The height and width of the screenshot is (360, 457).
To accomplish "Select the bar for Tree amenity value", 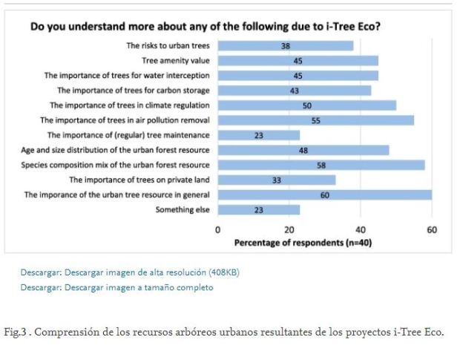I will click(297, 60).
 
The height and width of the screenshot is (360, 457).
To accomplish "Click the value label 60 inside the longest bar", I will click(325, 194).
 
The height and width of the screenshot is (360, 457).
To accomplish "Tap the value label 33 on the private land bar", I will click(276, 180).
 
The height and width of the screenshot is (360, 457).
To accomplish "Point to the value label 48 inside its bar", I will click(303, 150).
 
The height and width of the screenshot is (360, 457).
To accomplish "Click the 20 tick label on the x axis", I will click(289, 230).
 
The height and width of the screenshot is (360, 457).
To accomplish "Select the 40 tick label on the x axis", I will click(361, 230).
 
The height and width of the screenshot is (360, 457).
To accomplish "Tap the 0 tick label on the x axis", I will click(218, 230).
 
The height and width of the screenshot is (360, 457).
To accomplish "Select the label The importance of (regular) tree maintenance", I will click(128, 135).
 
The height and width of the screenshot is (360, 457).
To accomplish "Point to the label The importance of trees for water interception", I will click(127, 75).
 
